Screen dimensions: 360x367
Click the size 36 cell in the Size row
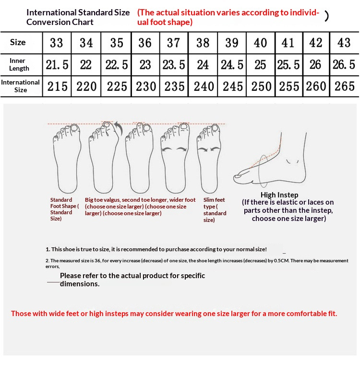tap(145, 43)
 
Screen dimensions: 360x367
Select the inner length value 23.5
tap(174, 65)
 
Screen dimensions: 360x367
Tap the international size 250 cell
tap(261, 86)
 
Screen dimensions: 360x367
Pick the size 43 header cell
tap(344, 43)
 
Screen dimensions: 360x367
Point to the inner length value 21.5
tap(57, 65)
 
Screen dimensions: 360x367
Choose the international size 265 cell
tap(344, 86)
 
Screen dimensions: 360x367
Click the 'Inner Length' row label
tap(19, 64)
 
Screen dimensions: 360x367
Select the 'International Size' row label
tap(20, 86)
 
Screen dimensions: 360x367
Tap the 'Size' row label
tap(18, 42)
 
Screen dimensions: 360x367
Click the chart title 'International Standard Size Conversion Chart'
tap(78, 17)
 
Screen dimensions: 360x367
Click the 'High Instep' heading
tap(279, 195)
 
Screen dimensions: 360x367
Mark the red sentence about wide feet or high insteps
tap(174, 313)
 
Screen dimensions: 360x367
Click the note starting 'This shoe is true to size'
tap(156, 249)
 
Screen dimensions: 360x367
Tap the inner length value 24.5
tap(232, 65)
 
